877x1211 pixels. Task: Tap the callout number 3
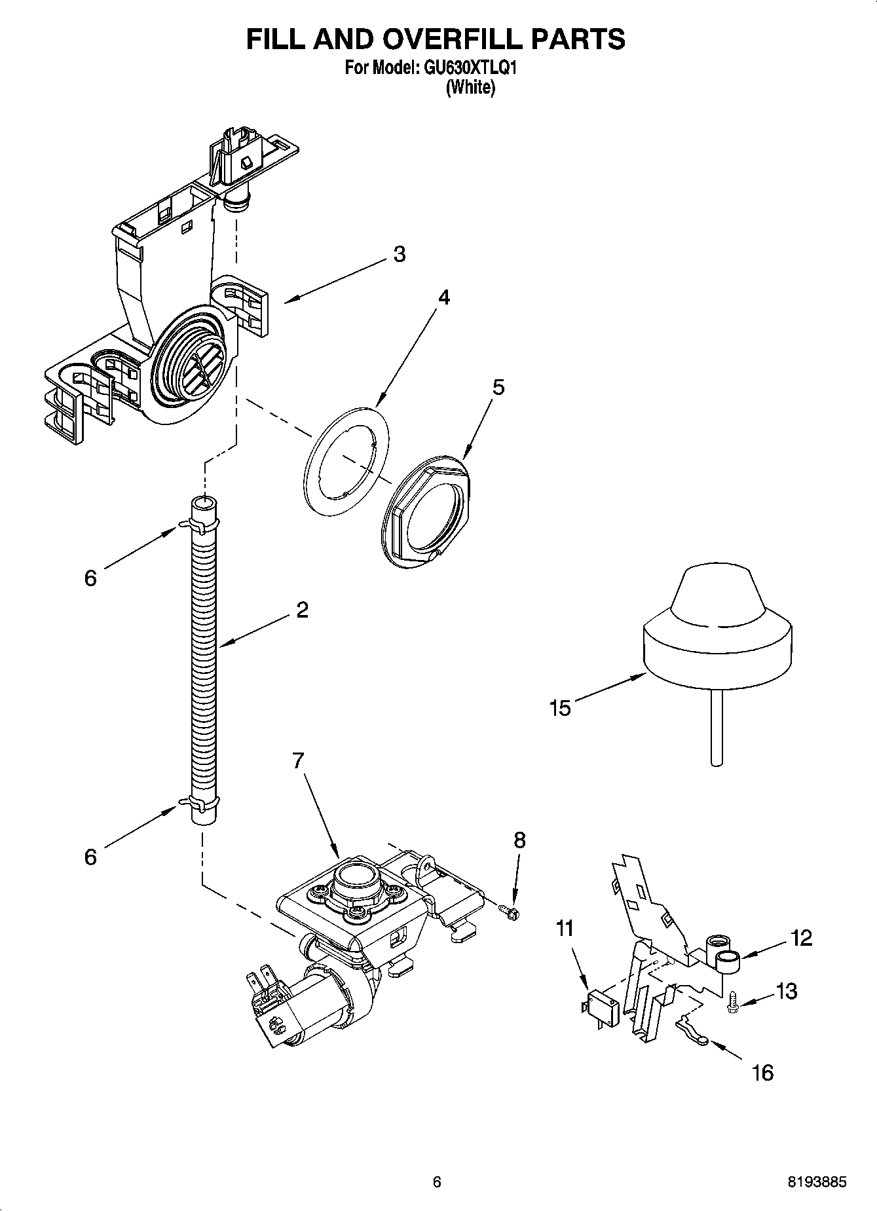[x=399, y=253]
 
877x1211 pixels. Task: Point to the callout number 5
[x=498, y=387]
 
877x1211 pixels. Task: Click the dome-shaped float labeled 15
[x=717, y=629]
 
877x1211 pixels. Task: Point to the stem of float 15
[x=717, y=727]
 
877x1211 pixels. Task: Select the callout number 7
[x=298, y=760]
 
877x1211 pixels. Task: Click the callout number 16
[x=763, y=1072]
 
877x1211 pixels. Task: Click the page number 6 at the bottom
[x=438, y=1182]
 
